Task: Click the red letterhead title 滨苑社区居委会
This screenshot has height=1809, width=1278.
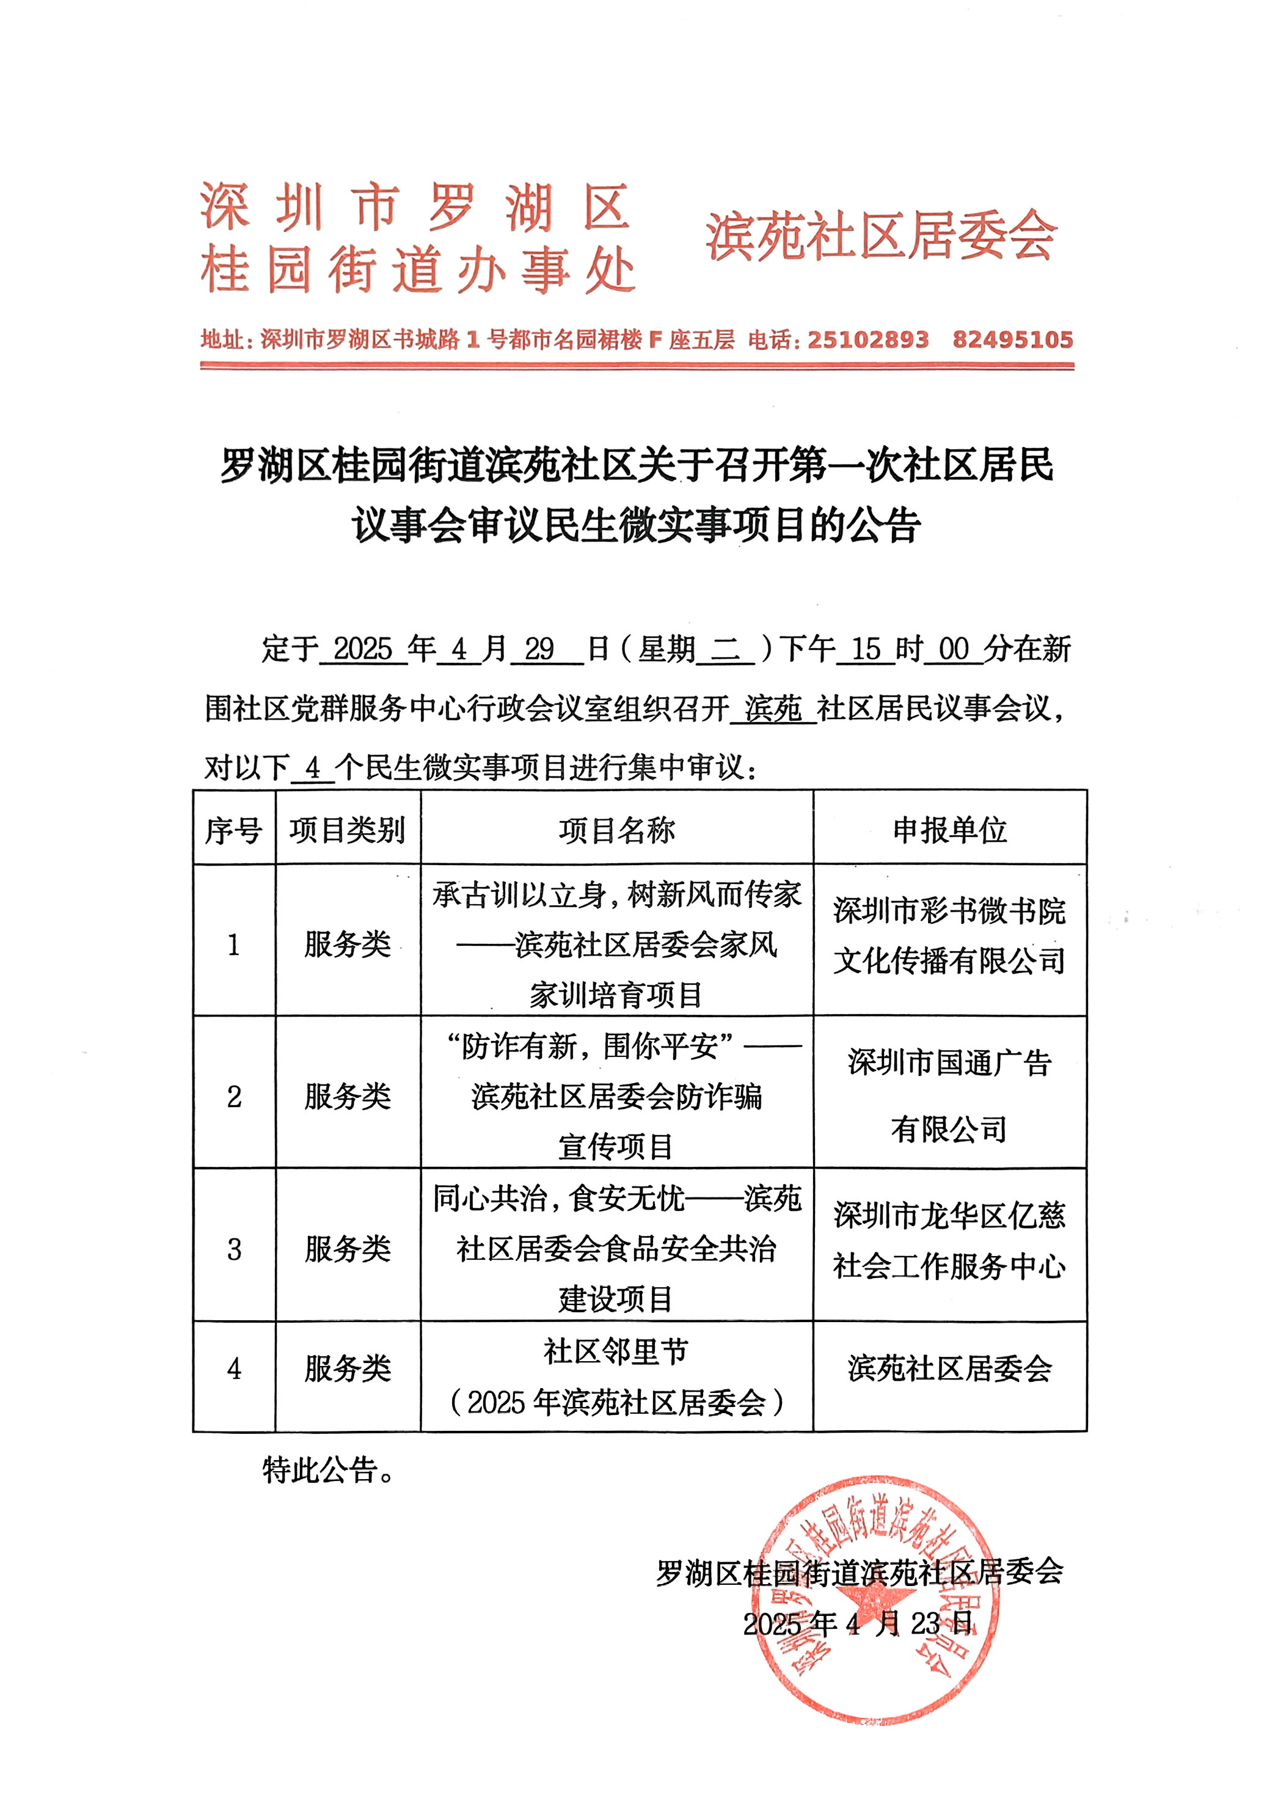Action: [x=880, y=236]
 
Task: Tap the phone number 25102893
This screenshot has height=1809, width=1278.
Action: [x=868, y=340]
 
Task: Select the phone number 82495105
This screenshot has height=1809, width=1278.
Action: [x=1012, y=340]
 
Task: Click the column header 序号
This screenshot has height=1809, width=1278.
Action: [x=233, y=830]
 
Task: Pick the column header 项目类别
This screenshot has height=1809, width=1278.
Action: [x=348, y=830]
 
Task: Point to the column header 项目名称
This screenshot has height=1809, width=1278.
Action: [x=616, y=830]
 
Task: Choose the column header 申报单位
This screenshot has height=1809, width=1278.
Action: [x=949, y=830]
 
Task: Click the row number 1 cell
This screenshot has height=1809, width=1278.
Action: [x=233, y=944]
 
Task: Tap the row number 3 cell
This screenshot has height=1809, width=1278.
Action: [x=234, y=1249]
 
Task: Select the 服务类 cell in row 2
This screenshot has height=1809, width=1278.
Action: [x=348, y=1096]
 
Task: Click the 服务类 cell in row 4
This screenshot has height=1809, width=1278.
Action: [x=348, y=1369]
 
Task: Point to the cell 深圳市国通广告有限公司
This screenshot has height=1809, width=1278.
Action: [x=949, y=1096]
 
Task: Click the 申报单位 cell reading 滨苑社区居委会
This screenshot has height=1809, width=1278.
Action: [x=949, y=1369]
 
